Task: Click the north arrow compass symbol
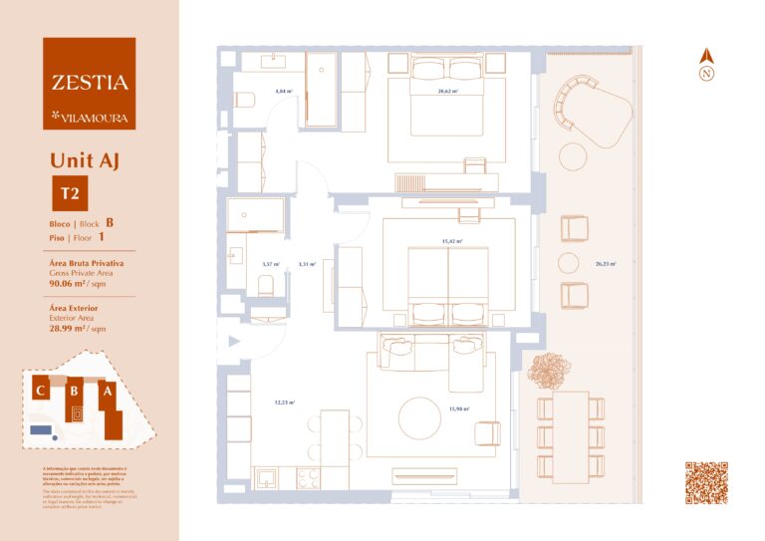pyautogui.click(x=706, y=66)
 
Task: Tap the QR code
pyautogui.click(x=706, y=483)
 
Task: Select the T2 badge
pyautogui.click(x=70, y=192)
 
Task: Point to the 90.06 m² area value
pyautogui.click(x=69, y=282)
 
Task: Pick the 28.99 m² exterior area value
pyautogui.click(x=69, y=327)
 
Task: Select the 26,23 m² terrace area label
pyautogui.click(x=605, y=264)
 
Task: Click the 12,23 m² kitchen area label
pyautogui.click(x=285, y=404)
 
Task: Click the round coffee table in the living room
pyautogui.click(x=419, y=417)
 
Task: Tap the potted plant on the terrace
pyautogui.click(x=547, y=372)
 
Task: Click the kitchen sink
pyautogui.click(x=267, y=478)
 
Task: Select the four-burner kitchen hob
pyautogui.click(x=307, y=478)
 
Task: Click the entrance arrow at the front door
pyautogui.click(x=234, y=342)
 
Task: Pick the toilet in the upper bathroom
pyautogui.click(x=245, y=99)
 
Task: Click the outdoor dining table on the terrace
pyautogui.click(x=571, y=435)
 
